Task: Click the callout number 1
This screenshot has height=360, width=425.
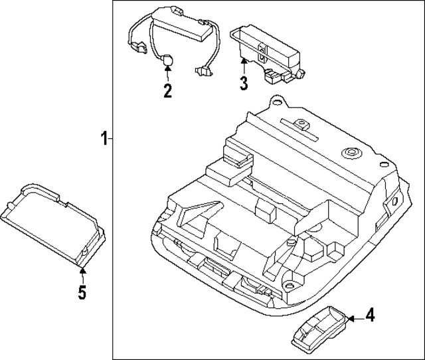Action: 103,139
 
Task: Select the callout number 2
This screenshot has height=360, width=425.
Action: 167,91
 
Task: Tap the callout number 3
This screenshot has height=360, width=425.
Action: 244,84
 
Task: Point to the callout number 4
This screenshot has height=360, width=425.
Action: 370,314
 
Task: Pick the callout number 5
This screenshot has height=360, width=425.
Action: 82,292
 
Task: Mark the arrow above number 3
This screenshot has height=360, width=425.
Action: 244,66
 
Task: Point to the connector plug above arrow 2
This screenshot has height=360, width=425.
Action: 168,60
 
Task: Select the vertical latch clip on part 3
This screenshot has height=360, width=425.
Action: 264,49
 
